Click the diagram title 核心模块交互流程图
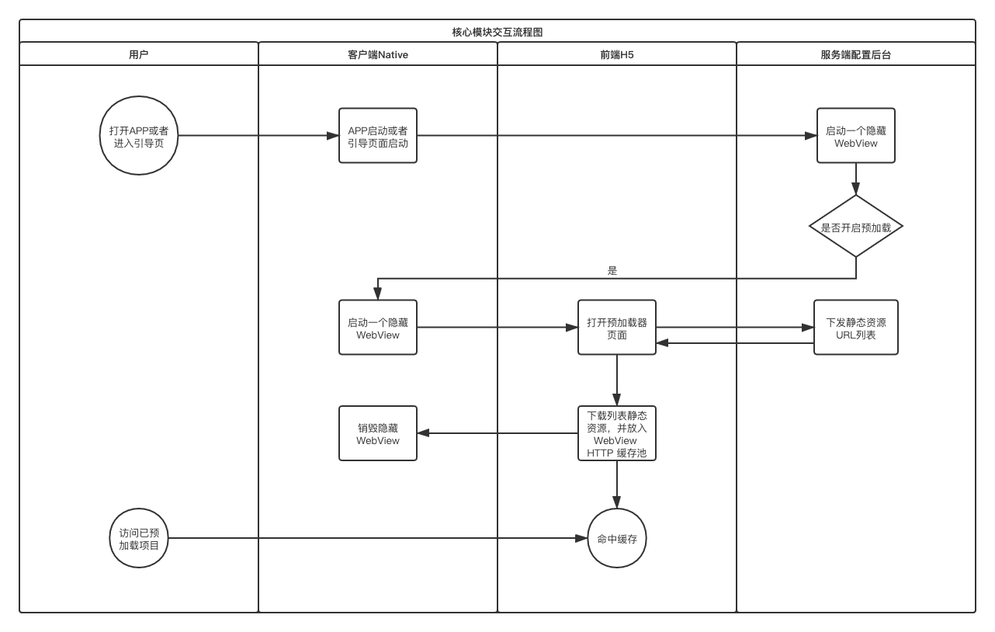[x=497, y=32]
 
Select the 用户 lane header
[x=138, y=54]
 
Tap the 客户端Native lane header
[x=377, y=54]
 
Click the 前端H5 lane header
[x=616, y=54]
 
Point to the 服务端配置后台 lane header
[x=855, y=54]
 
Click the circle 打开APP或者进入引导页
[x=139, y=136]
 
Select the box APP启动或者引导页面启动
[x=378, y=136]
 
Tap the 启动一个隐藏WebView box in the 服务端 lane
[x=855, y=136]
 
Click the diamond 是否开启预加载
[x=855, y=227]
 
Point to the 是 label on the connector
[x=612, y=271]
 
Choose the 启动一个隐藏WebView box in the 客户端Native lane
[x=378, y=328]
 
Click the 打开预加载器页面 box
[x=616, y=328]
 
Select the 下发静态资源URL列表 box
[x=855, y=328]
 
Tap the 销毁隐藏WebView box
[x=378, y=433]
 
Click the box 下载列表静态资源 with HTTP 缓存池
[x=616, y=433]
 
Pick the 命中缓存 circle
[x=616, y=538]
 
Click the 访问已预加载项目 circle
[x=139, y=538]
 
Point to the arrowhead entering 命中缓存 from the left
[x=581, y=538]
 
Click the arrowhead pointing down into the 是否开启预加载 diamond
[x=855, y=189]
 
